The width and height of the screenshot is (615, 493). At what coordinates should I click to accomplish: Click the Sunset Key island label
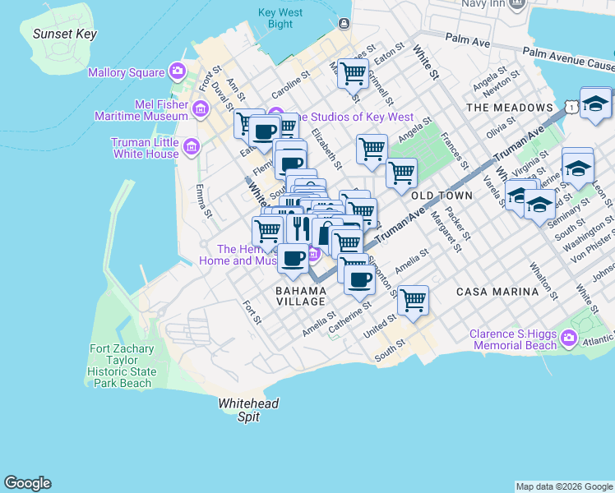click(64, 34)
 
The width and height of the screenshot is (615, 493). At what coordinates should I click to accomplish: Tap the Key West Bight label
click(280, 18)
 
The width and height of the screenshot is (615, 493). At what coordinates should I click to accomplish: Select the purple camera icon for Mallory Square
click(177, 72)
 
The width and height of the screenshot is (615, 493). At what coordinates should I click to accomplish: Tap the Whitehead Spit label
click(248, 410)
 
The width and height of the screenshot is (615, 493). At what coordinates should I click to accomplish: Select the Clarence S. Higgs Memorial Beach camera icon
click(567, 338)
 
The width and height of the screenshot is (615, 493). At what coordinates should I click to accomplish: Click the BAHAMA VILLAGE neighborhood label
click(301, 296)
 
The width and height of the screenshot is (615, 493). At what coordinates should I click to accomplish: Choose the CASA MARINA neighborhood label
click(497, 291)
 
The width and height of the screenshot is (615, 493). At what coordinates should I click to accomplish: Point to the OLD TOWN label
click(442, 196)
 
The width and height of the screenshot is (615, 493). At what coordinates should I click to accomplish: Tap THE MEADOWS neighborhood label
click(509, 108)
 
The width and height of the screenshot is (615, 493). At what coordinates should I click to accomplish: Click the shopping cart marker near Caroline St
click(353, 73)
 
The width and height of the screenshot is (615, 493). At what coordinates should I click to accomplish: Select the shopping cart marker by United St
click(413, 300)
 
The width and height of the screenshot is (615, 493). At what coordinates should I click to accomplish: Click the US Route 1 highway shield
click(570, 108)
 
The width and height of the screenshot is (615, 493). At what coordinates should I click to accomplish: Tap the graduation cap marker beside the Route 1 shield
click(595, 104)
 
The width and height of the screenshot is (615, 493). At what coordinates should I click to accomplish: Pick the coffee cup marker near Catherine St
click(358, 280)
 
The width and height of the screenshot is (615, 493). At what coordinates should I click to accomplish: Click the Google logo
click(27, 483)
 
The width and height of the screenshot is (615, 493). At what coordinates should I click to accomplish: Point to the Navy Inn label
click(483, 4)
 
